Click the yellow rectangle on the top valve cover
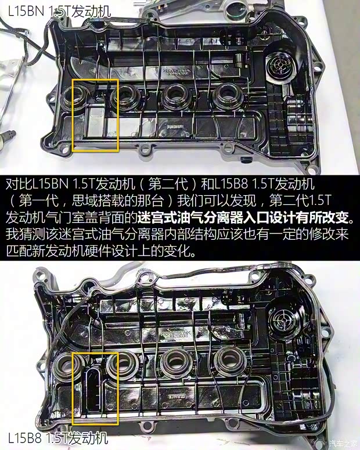pyautogui.click(x=72, y=115)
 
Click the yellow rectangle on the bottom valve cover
pyautogui.click(x=72, y=389)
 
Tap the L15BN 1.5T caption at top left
pyautogui.click(x=59, y=12)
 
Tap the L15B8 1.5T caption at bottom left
pyautogui.click(x=58, y=438)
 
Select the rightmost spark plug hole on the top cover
pyautogui.click(x=226, y=95)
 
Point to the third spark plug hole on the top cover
pyautogui.click(x=176, y=96)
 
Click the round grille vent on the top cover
pyautogui.click(x=279, y=66)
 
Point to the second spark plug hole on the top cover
pyautogui.click(x=124, y=97)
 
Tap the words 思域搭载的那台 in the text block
pyautogui.click(x=118, y=201)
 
